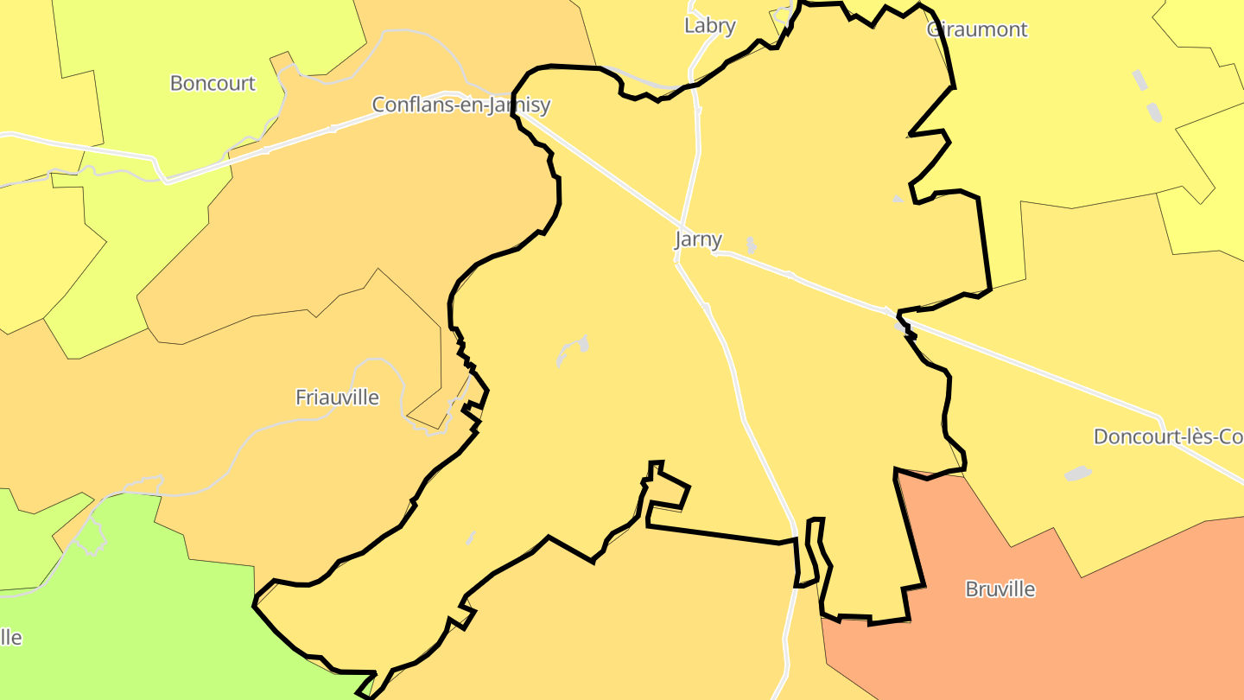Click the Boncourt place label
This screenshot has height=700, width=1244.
[213, 84]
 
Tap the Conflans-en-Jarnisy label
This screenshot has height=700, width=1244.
[460, 105]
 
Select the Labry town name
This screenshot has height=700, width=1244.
[709, 26]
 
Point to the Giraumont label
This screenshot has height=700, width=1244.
[977, 29]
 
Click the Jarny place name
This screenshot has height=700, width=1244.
[698, 239]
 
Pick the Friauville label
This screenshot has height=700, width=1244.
[337, 398]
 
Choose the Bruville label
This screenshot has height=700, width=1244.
[1000, 589]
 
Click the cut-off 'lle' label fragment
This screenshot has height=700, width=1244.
[10, 638]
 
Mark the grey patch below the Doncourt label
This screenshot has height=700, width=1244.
[1077, 474]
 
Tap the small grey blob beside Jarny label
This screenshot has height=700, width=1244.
[751, 245]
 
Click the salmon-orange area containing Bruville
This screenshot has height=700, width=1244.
[1080, 631]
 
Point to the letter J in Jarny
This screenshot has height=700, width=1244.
[679, 240]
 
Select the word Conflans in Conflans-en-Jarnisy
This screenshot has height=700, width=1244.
[408, 105]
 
